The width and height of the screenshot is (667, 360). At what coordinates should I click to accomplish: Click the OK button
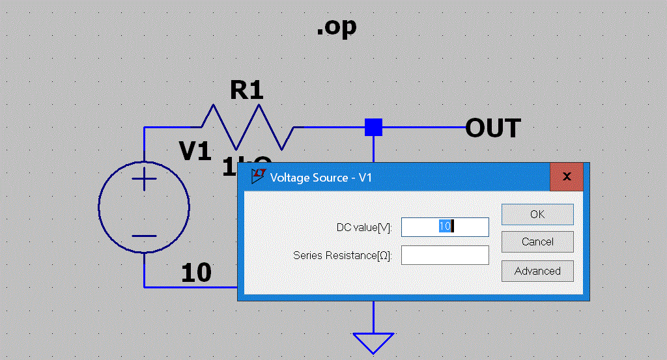click(x=537, y=214)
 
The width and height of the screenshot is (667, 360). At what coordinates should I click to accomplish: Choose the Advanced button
click(x=537, y=271)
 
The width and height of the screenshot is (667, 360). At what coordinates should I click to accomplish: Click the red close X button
click(x=567, y=176)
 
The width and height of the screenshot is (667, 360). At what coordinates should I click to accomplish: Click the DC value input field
click(x=445, y=227)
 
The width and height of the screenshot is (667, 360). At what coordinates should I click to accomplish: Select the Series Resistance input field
click(x=445, y=255)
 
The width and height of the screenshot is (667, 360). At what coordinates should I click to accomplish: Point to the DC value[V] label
click(x=364, y=227)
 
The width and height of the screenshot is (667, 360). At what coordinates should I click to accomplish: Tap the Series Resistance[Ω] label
click(x=343, y=255)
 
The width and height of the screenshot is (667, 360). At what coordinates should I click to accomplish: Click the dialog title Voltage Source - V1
click(x=320, y=178)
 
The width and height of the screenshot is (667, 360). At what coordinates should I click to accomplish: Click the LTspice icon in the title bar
click(x=259, y=176)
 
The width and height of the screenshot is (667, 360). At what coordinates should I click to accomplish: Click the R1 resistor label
click(x=246, y=90)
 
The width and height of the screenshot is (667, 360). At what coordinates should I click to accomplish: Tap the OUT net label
click(x=493, y=128)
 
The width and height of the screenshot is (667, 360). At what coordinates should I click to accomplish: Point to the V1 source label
click(x=195, y=152)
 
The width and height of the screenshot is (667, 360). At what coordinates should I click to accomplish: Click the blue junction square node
click(x=373, y=127)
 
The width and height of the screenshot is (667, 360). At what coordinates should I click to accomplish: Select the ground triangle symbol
click(x=373, y=342)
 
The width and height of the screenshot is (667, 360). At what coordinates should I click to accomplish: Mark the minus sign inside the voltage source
click(x=145, y=236)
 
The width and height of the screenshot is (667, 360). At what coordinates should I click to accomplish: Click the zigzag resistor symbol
click(x=248, y=127)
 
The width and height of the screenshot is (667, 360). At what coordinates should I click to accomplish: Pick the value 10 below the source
click(x=196, y=273)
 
